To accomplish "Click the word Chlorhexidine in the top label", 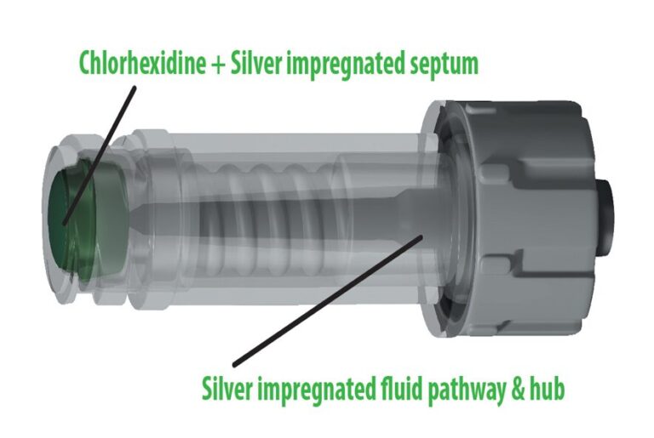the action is pyautogui.click(x=142, y=63).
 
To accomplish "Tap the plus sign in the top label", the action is pyautogui.click(x=218, y=65).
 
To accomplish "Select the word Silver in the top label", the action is pyautogui.click(x=256, y=63).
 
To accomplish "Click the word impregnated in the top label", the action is pyautogui.click(x=345, y=65).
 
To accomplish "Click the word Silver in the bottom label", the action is pyautogui.click(x=227, y=389).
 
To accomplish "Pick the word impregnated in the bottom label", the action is pyautogui.click(x=316, y=390).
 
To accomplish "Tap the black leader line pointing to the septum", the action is pyautogui.click(x=100, y=156).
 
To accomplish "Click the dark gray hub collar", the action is pyautogui.click(x=507, y=217).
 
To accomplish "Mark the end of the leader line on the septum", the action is pyautogui.click(x=64, y=225).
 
